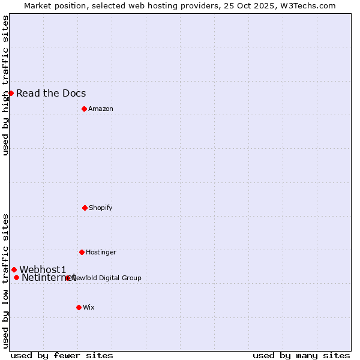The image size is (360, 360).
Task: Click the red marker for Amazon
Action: click(x=84, y=109)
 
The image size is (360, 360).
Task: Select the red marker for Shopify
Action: click(x=85, y=208)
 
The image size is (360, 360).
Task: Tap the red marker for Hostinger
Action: click(x=82, y=252)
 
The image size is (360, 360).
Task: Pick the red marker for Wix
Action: click(x=79, y=307)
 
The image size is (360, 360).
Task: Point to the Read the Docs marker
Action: click(x=11, y=93)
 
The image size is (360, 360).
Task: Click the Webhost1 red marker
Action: click(x=14, y=269)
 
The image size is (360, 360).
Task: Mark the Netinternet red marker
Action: click(x=16, y=277)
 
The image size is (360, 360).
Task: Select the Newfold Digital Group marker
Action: click(x=68, y=278)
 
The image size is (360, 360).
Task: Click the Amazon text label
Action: click(x=101, y=109)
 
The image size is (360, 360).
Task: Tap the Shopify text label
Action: click(x=101, y=208)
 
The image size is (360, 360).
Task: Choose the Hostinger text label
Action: click(x=101, y=252)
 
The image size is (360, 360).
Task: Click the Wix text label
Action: click(x=89, y=307)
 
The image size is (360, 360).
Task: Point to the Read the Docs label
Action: click(x=51, y=93)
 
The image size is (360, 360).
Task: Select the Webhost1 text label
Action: click(x=43, y=269)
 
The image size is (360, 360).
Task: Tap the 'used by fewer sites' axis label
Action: click(x=62, y=355)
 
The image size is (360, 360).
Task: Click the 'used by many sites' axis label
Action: click(x=301, y=355)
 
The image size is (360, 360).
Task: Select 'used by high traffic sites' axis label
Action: click(x=5, y=85)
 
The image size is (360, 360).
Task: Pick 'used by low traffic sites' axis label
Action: click(x=5, y=281)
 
